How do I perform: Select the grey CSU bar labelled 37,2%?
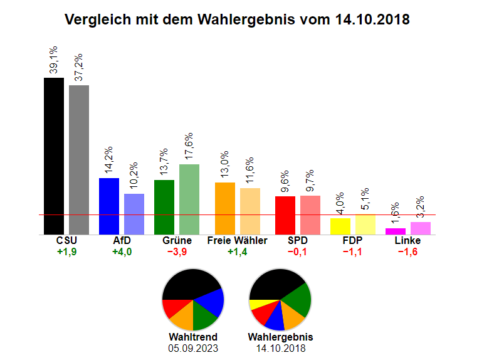tap(78, 159)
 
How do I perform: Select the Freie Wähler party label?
tap(237, 241)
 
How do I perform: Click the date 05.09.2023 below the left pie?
tap(193, 347)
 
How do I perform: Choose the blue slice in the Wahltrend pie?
tap(212, 302)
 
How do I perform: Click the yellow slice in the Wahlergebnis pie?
tap(255, 304)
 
